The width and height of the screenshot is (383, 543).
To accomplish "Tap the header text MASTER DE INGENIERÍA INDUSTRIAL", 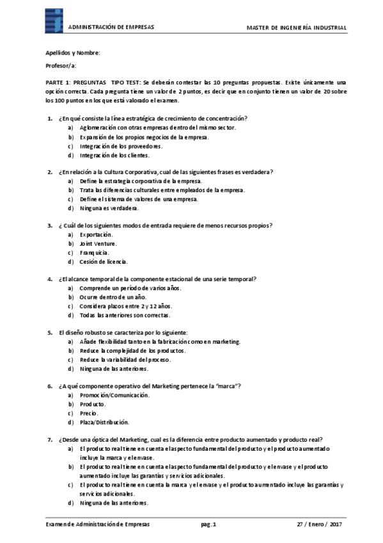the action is (x=297, y=28).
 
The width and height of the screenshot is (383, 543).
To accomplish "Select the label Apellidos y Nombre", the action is (x=72, y=53).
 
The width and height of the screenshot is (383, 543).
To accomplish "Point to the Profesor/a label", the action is (x=61, y=66).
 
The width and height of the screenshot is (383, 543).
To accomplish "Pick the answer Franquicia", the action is (x=95, y=252).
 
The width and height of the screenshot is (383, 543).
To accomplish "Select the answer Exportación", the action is (x=96, y=234).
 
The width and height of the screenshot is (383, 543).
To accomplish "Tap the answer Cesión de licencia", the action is (x=104, y=261).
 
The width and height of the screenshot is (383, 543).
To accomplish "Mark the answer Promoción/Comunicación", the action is (x=114, y=395).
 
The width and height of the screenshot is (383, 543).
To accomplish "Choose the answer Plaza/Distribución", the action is (x=104, y=422).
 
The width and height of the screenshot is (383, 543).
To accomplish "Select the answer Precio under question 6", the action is (x=89, y=413).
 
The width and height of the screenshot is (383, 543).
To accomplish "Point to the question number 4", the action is (x=51, y=279).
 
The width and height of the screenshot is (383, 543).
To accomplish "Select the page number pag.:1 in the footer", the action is (x=209, y=524).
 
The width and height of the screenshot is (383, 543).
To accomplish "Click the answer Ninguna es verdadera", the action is (x=109, y=208).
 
